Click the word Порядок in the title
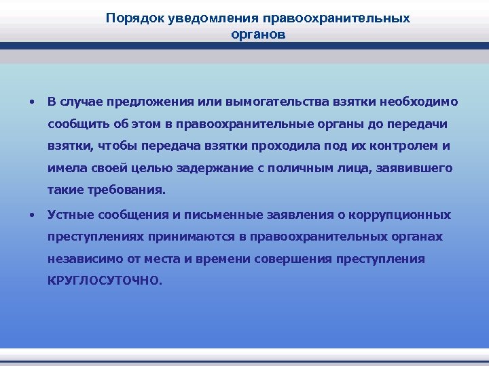(x=130, y=18)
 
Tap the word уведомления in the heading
(x=197, y=18)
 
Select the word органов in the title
(x=258, y=33)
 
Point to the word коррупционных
(x=399, y=216)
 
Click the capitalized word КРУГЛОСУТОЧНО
(x=104, y=281)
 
